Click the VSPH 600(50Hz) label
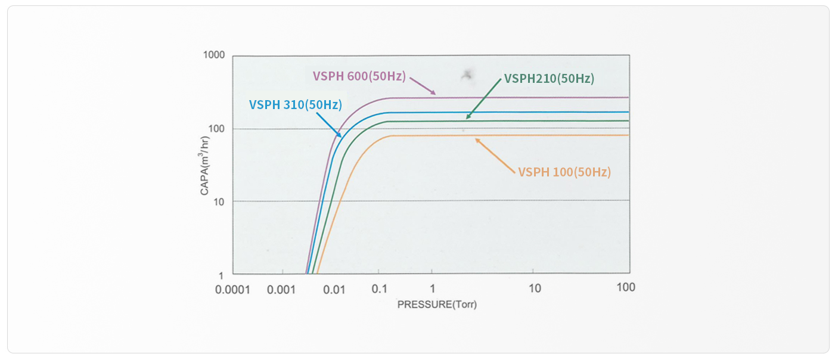359,76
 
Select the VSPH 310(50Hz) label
295,105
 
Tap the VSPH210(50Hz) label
549,78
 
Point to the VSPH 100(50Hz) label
564,172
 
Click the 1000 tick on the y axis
215,55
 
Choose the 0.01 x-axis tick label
334,290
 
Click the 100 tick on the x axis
626,287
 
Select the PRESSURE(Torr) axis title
437,305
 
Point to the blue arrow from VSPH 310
328,124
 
